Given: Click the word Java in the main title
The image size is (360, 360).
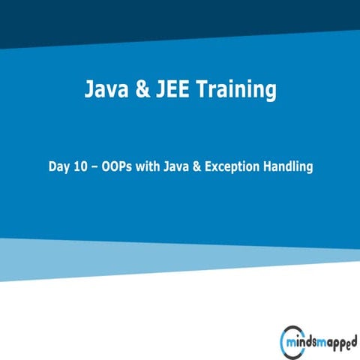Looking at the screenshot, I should tap(104, 91).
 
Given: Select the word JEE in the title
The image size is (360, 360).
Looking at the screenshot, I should tap(170, 91).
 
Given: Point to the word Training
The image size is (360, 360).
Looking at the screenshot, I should tap(233, 91).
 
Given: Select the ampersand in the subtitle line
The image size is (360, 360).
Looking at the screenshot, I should tap(199, 166).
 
